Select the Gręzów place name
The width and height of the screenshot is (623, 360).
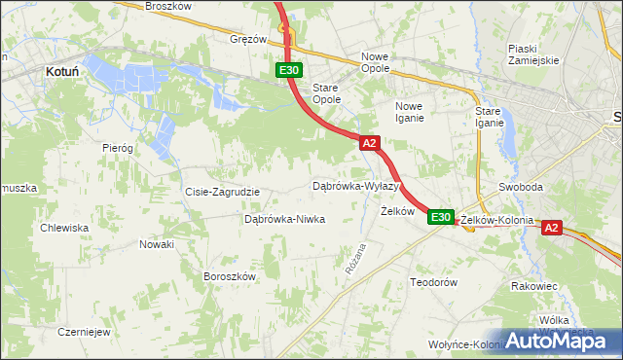(x=248, y=40)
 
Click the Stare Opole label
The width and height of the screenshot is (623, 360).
(x=326, y=93)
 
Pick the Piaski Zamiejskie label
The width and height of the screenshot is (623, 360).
(x=532, y=54)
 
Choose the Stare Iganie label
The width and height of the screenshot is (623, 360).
(x=488, y=117)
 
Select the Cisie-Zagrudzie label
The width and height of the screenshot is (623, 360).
(x=222, y=192)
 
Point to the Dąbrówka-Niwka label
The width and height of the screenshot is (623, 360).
(x=284, y=220)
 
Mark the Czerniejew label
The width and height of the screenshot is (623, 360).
(x=82, y=331)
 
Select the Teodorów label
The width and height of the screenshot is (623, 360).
(x=433, y=282)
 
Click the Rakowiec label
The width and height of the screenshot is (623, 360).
(x=533, y=287)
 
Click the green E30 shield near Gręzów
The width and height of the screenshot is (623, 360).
(x=288, y=70)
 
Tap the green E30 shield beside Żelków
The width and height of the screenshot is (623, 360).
(x=441, y=217)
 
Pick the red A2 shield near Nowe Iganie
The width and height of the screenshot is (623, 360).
(x=369, y=143)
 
